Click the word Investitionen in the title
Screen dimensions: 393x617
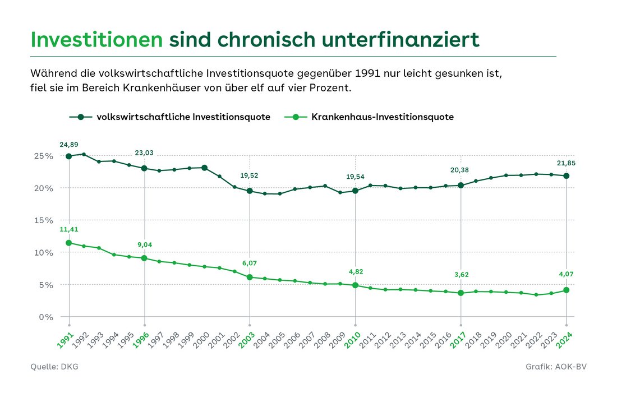pyautogui.click(x=97, y=40)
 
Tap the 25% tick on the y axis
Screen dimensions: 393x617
pyautogui.click(x=42, y=156)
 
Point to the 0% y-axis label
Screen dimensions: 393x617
pyautogui.click(x=44, y=317)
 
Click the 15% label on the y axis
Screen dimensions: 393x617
pyautogui.click(x=42, y=220)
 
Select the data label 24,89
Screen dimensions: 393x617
pyautogui.click(x=69, y=145)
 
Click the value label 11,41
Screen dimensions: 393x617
pyautogui.click(x=69, y=229)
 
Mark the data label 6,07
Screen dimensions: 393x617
pyautogui.click(x=250, y=263)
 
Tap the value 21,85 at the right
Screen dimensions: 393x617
pyautogui.click(x=566, y=163)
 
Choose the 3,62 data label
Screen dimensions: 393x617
pyautogui.click(x=461, y=275)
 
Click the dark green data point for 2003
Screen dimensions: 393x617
pyautogui.click(x=250, y=191)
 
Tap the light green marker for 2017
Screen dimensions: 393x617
pyautogui.click(x=461, y=293)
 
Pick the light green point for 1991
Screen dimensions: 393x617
pyautogui.click(x=69, y=243)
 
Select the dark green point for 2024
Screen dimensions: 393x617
pyautogui.click(x=566, y=176)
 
